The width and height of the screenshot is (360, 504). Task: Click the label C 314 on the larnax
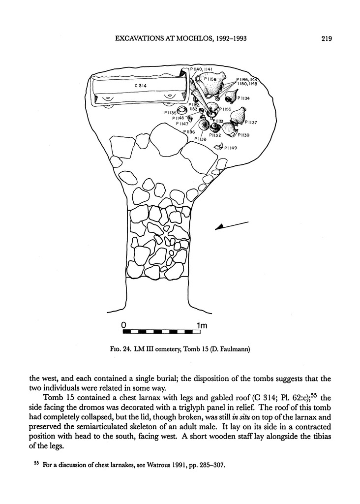141,86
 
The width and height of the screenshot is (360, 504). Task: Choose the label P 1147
183,124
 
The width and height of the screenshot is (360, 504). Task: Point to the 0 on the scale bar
124,325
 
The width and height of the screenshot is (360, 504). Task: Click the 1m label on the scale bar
202,325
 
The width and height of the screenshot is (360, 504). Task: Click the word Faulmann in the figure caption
234,350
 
